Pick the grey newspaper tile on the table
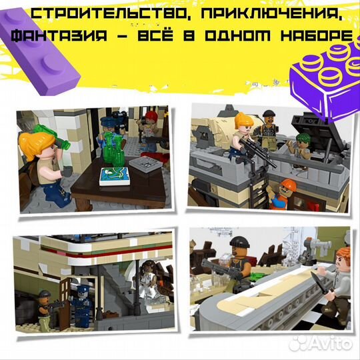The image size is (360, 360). click(x=145, y=163)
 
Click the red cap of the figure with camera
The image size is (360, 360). click(x=152, y=117)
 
